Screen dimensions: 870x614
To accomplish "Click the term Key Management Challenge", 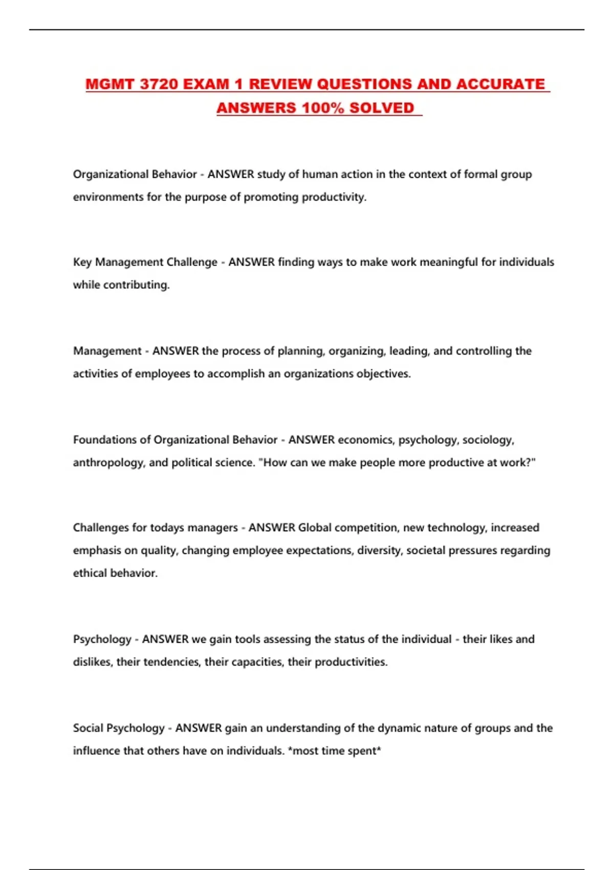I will click(145, 262).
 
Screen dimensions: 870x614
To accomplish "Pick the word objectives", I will click(383, 374).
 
